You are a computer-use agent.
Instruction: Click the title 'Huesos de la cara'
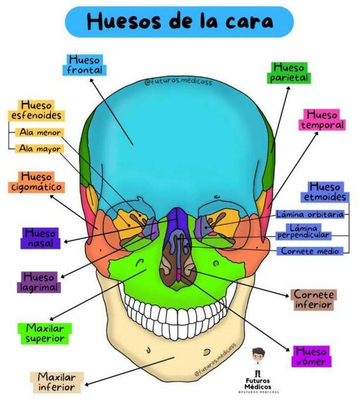(x=179, y=22)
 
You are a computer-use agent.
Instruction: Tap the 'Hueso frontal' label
(x=84, y=65)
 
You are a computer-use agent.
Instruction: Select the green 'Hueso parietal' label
(x=289, y=73)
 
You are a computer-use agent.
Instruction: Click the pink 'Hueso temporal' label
(x=322, y=120)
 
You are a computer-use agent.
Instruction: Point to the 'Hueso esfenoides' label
(x=36, y=111)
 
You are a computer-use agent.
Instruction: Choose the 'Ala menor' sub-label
(x=40, y=132)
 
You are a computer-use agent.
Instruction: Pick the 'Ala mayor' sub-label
(x=40, y=149)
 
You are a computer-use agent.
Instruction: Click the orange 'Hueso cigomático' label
(x=36, y=182)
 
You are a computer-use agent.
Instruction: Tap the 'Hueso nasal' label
(x=40, y=238)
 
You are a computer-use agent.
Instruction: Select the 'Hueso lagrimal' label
(x=39, y=282)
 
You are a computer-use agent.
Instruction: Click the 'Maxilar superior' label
(x=45, y=334)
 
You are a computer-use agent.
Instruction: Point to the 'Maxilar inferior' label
(x=57, y=382)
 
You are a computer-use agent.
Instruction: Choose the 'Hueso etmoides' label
(x=325, y=192)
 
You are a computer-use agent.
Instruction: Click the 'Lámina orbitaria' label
(x=310, y=215)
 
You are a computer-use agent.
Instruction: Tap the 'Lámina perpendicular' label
(x=303, y=232)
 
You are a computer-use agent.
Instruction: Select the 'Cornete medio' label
(x=310, y=251)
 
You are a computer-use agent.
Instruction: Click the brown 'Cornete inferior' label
(x=313, y=300)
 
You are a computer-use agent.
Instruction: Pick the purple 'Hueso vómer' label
(x=311, y=357)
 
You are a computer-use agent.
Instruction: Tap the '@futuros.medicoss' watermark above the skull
(x=179, y=82)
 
